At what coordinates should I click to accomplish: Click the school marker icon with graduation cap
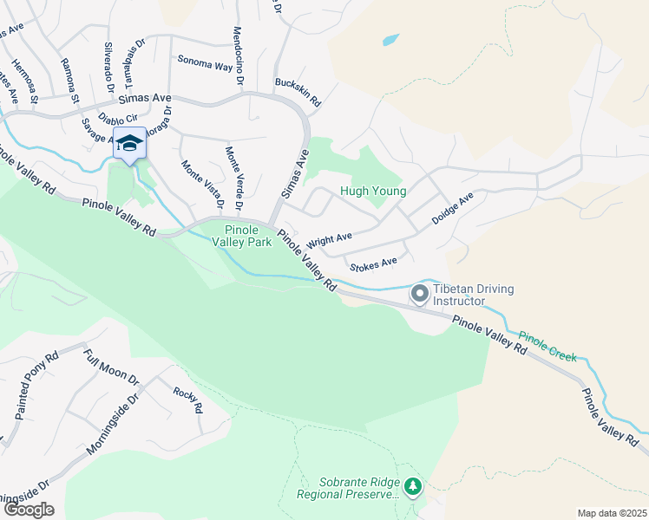[129, 143]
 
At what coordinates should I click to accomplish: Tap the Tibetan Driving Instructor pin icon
[420, 295]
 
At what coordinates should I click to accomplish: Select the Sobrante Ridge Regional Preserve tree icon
[413, 487]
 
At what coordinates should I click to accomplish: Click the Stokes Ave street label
[373, 262]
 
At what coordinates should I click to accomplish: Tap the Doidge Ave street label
[453, 210]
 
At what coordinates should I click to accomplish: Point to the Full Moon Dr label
[111, 367]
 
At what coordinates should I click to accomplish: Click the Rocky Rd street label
[187, 400]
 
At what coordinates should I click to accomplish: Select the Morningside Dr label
[114, 425]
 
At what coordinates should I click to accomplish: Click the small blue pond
[390, 40]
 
